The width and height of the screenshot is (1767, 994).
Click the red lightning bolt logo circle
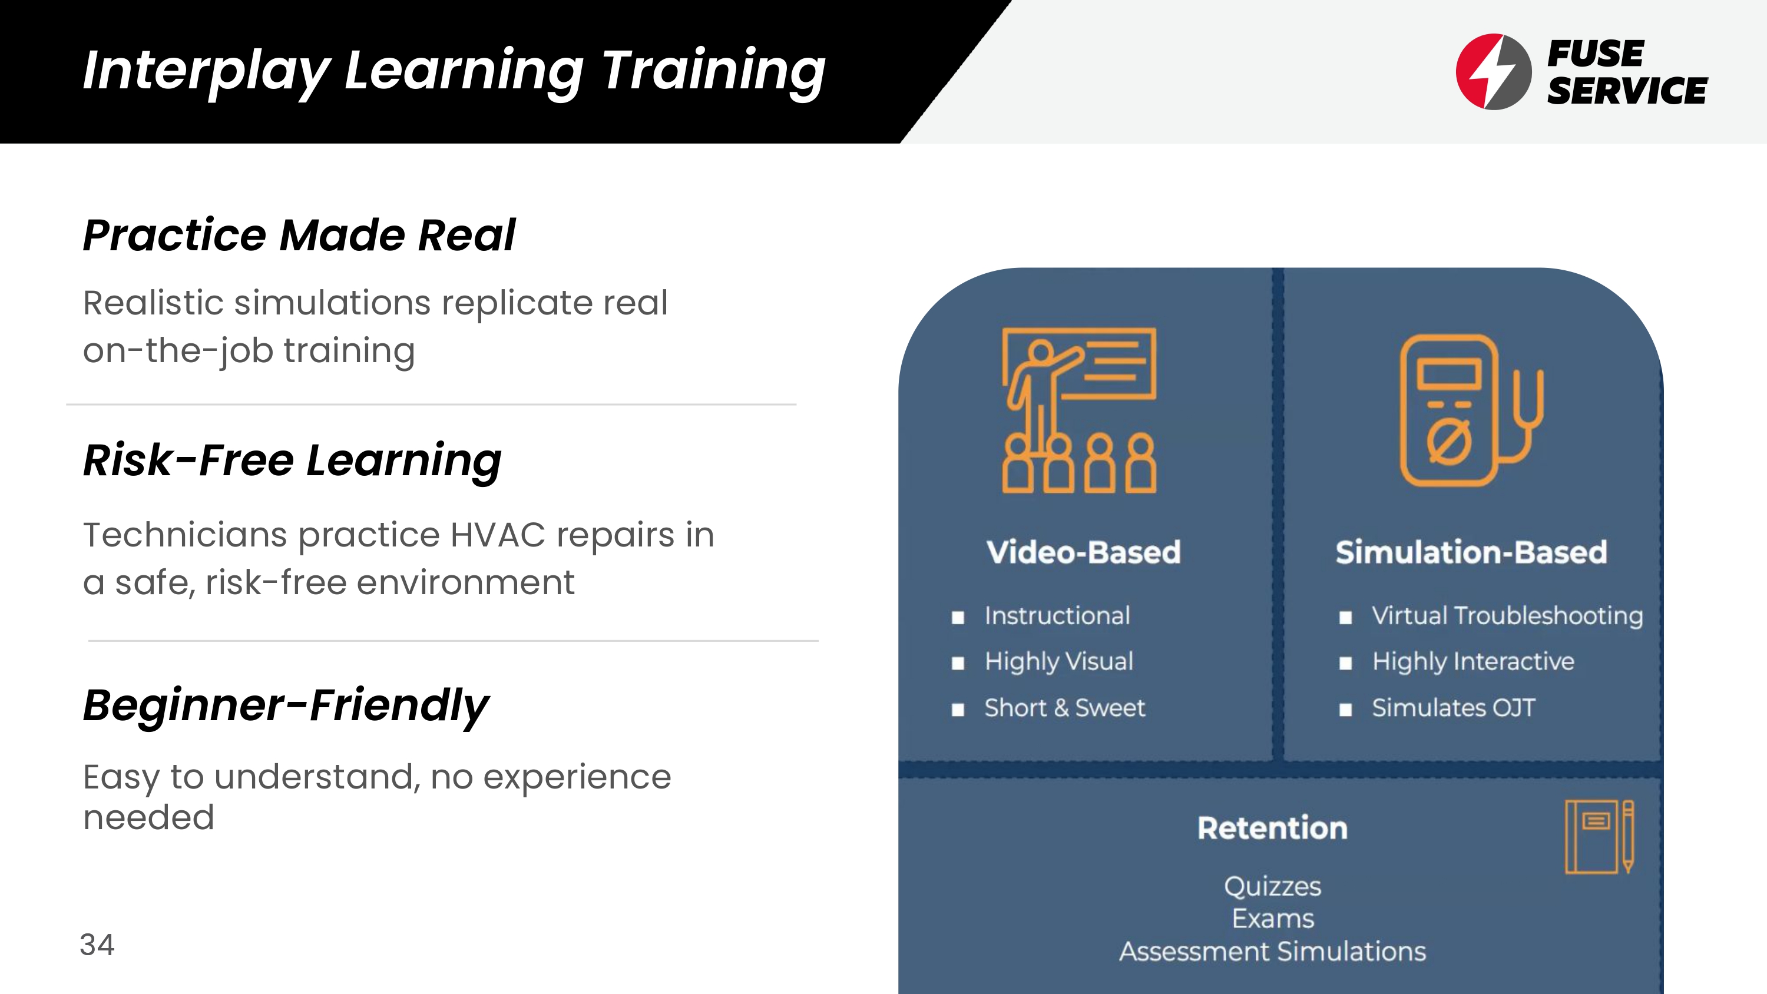1493,71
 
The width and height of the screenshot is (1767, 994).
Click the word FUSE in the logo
1596,54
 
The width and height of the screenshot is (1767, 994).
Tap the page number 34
97,945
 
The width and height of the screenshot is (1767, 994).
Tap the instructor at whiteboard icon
1079,410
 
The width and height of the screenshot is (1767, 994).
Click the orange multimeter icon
1471,410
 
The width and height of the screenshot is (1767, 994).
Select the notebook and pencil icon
1599,837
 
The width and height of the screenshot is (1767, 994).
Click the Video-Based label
1084,552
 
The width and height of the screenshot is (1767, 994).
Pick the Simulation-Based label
1471,552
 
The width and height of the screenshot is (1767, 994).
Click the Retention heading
1272,828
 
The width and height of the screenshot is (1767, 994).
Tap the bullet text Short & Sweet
1064,707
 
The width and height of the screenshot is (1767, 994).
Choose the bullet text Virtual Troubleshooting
1507,616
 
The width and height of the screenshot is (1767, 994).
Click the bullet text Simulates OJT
1454,707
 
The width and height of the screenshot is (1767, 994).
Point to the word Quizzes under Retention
1272,886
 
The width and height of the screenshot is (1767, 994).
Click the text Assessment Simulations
1272,952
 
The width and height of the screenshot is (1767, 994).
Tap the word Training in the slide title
713,71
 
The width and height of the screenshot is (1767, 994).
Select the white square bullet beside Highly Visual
958,663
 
